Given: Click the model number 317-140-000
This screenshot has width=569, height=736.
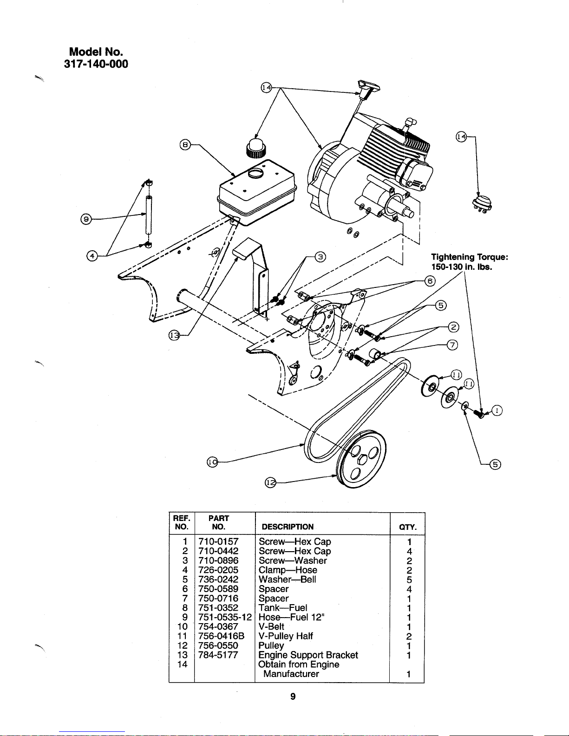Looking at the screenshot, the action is (x=96, y=64).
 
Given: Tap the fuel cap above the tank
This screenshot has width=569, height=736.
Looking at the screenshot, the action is (x=256, y=148).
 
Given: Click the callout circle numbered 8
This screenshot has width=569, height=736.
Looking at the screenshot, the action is (x=185, y=145).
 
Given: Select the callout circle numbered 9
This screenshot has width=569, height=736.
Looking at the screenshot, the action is (x=86, y=219).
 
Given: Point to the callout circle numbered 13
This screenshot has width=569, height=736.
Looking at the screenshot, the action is (x=174, y=336).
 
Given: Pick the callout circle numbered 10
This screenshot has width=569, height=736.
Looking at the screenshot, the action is (x=212, y=462).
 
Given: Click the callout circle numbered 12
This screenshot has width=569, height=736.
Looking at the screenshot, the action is (x=270, y=482).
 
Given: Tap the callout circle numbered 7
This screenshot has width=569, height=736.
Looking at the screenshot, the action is (x=452, y=345).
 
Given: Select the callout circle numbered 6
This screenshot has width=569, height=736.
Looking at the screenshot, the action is (x=430, y=281).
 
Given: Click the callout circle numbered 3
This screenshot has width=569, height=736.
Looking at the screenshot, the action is (x=320, y=257).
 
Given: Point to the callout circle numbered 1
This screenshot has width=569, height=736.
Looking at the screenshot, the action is (x=497, y=410).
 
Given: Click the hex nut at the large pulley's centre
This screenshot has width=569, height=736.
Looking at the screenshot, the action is (x=362, y=460).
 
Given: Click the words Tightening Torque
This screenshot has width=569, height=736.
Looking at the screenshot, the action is (x=470, y=257).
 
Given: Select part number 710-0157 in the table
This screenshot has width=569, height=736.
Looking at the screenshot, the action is (x=218, y=541).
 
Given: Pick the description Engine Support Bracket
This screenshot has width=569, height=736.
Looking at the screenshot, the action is (x=308, y=655).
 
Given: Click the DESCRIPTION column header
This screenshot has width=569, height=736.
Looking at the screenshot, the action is (x=288, y=527).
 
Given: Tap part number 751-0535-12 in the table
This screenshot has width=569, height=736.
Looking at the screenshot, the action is (x=225, y=617).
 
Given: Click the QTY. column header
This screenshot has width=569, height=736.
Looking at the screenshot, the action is (x=408, y=527).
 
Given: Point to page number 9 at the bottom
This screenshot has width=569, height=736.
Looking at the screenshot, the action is (x=293, y=697).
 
